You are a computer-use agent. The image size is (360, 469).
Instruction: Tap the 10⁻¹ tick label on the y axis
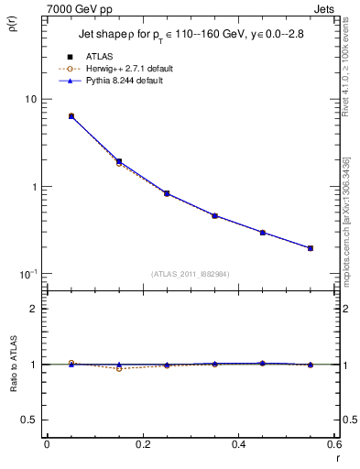(x=27, y=274)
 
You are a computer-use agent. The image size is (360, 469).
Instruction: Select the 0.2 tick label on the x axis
(x=142, y=444)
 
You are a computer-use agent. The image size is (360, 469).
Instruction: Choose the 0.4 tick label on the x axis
(x=238, y=444)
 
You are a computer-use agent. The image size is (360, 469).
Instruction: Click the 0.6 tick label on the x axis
(x=333, y=444)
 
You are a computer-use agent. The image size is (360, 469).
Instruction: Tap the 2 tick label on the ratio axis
(x=33, y=309)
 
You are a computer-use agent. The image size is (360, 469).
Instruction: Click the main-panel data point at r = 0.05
(x=71, y=116)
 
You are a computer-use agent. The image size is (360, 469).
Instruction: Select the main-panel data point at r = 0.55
(x=311, y=248)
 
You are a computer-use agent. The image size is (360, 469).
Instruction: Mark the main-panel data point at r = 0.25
(x=167, y=193)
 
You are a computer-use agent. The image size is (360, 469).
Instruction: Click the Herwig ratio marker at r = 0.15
(x=119, y=368)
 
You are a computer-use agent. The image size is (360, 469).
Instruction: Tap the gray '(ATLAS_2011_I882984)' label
(x=191, y=273)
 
